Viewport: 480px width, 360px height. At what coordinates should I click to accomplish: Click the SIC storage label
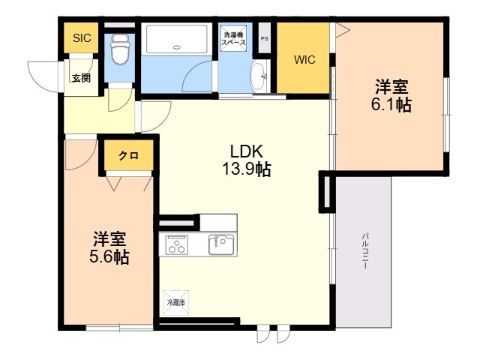coord(82,38)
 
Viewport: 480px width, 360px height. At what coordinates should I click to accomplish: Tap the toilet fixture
coord(120,49)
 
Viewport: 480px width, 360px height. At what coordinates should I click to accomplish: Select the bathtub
coord(176,40)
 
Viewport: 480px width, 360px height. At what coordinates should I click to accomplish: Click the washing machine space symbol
coord(233,38)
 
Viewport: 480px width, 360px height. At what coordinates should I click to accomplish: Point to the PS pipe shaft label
coord(265,39)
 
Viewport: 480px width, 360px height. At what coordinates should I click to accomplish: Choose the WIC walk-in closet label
coord(304,60)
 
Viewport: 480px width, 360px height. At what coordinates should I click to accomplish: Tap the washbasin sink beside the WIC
coord(259,76)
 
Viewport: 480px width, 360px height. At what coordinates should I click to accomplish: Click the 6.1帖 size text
coord(391,105)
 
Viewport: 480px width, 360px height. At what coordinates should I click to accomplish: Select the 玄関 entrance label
coord(81,78)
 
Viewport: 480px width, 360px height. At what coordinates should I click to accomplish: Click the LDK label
coord(247,151)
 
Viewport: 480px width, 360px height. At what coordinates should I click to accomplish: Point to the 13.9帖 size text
coord(247,169)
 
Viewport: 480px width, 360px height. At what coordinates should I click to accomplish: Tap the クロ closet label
coord(128,156)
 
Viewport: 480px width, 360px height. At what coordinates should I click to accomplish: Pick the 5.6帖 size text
coord(109,256)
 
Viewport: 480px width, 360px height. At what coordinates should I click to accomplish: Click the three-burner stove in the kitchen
coord(177,244)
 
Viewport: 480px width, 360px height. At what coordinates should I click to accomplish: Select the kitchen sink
coord(221,244)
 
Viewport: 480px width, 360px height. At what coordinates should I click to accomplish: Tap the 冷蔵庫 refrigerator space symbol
coord(176,303)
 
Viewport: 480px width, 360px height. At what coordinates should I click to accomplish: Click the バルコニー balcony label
coord(365,251)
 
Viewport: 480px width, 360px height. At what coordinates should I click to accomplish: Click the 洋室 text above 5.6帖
coord(109,239)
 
